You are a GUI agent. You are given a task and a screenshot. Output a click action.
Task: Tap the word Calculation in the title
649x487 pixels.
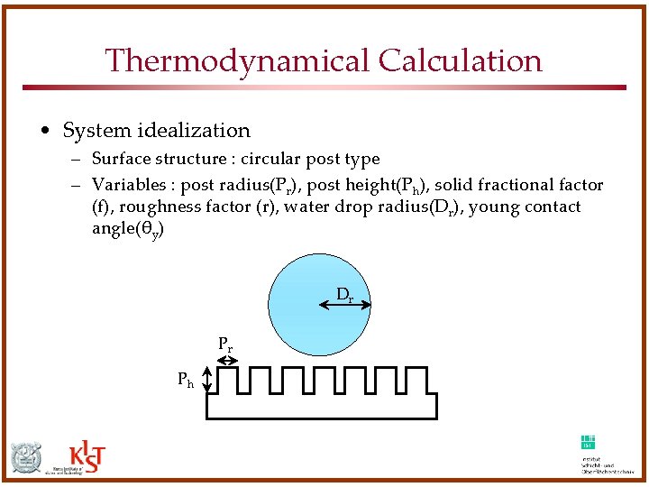pos(461,61)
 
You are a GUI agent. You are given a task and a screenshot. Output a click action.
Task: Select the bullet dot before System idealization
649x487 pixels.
pos(45,132)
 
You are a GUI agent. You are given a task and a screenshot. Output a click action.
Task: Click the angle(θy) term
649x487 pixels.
pos(128,229)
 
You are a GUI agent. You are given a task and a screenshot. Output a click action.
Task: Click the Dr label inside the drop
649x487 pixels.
pos(344,294)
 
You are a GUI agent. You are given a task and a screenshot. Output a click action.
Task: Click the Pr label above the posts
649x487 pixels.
pos(225,344)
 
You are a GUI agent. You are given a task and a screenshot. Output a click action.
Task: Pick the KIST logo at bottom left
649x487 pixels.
pos(87,458)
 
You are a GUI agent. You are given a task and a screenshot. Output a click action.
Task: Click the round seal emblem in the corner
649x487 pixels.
pos(27,459)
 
